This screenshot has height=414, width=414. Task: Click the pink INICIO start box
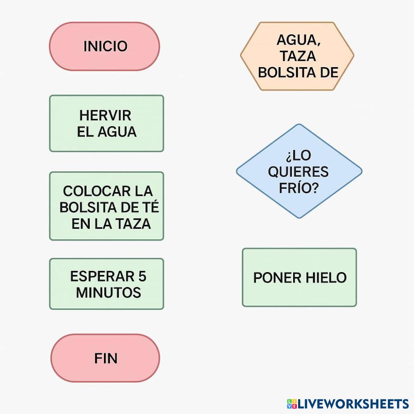(x=104, y=46)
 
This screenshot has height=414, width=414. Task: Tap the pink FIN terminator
(x=105, y=358)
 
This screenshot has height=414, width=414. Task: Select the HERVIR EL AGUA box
(x=106, y=123)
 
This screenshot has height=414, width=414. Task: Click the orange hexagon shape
(x=297, y=56)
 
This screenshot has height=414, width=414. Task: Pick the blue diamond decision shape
(x=299, y=171)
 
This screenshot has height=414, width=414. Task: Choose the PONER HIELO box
(x=299, y=277)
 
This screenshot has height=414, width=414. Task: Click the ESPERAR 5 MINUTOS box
(x=106, y=284)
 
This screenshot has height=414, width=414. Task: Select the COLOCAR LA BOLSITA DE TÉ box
(x=106, y=206)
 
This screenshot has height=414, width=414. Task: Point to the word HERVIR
(x=105, y=115)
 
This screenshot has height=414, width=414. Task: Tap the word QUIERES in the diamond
(x=298, y=171)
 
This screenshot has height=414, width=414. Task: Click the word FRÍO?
(x=298, y=188)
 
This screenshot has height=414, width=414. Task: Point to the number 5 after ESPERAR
(x=142, y=276)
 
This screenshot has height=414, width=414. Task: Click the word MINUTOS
(x=108, y=293)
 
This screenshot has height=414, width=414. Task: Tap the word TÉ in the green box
(x=149, y=207)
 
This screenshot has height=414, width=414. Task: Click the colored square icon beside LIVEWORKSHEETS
(x=292, y=404)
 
